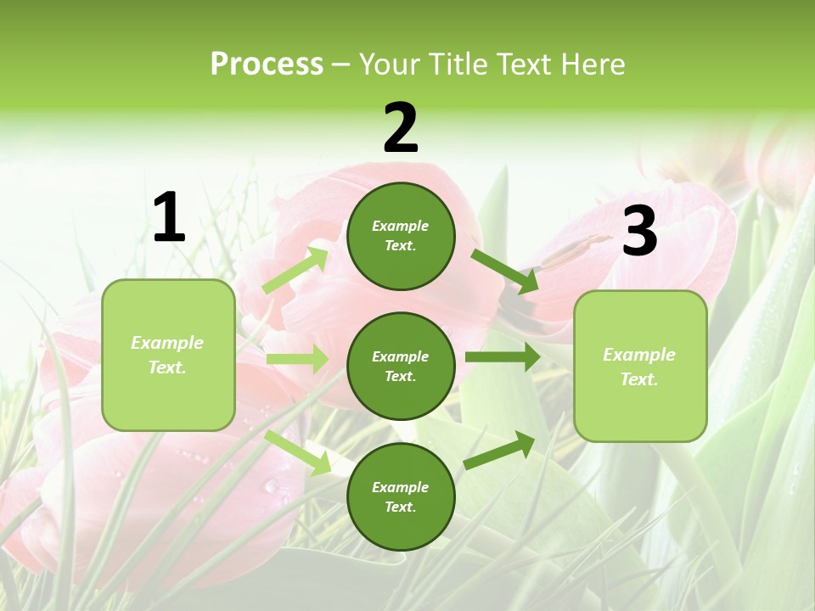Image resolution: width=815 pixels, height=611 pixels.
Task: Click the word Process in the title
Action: coord(267,64)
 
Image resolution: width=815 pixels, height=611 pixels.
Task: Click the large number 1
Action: coord(169,218)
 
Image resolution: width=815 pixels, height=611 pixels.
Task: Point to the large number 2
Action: coord(401,128)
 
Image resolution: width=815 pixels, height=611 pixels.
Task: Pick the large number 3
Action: coord(639,232)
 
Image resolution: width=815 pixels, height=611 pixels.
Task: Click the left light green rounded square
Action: coord(168,355)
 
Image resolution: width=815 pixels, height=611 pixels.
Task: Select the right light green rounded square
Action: coord(640,367)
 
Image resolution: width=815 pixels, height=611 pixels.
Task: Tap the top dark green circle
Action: coord(401,236)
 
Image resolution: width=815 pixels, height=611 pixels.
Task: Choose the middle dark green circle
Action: coord(401,366)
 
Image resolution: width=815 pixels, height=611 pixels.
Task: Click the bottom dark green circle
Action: coord(401,496)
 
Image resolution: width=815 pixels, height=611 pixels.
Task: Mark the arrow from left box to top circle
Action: coord(295,271)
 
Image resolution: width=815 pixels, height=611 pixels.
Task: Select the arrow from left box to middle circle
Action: coord(297,359)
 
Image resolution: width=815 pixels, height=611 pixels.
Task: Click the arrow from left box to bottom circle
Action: coord(298,452)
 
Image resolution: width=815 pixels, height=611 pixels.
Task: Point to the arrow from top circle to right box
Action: coord(505,272)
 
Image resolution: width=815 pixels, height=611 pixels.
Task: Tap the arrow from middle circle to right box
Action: coord(503,356)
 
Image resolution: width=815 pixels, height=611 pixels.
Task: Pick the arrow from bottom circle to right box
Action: coord(499,450)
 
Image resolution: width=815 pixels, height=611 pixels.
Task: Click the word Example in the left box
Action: coord(167,343)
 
